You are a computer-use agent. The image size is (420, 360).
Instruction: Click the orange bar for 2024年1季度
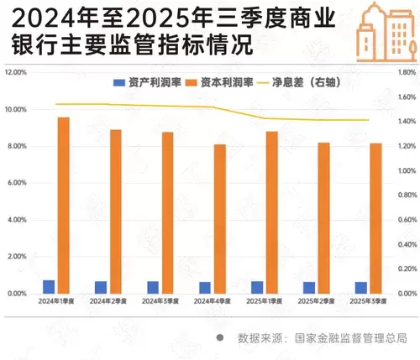coord(63,205)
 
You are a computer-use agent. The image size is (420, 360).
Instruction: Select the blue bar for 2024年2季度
coord(101,287)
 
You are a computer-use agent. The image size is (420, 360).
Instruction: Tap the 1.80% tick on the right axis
coord(397,73)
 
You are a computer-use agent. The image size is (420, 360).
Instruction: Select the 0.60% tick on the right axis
coord(397,220)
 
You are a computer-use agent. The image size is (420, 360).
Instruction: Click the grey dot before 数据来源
coord(220,338)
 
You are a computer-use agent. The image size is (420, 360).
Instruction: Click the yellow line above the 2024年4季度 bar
coord(212,107)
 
